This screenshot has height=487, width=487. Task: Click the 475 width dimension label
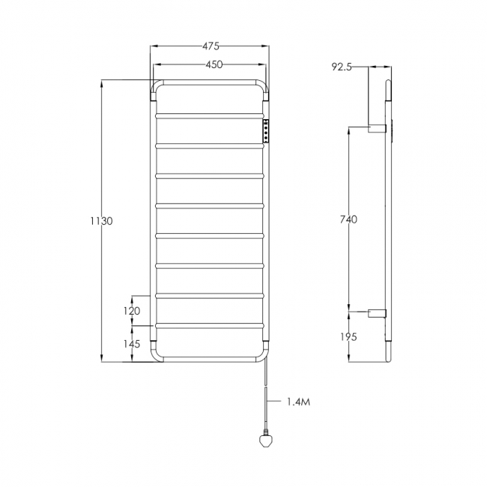click(211, 47)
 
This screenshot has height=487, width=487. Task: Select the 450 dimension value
click(214, 64)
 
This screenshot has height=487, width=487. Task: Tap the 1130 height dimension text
click(100, 221)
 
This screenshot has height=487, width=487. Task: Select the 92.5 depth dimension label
click(341, 67)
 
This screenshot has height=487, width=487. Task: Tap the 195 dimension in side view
click(348, 336)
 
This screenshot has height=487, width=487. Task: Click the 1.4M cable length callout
click(297, 402)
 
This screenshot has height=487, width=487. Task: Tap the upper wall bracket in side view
click(377, 128)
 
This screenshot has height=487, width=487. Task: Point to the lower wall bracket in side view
click(377, 312)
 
